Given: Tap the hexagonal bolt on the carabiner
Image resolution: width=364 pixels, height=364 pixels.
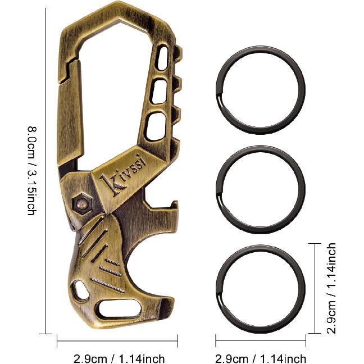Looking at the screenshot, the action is [x=82, y=203].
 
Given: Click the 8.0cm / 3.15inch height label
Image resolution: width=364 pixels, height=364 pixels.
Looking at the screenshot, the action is [x=32, y=171].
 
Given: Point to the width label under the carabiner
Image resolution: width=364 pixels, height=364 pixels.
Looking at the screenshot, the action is [x=119, y=358].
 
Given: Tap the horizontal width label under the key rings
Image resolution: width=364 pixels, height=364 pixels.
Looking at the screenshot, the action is [x=261, y=358].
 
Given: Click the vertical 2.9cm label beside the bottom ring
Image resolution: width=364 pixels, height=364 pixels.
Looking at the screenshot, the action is [x=331, y=288].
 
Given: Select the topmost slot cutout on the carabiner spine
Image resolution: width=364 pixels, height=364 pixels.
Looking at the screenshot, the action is [x=163, y=58].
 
